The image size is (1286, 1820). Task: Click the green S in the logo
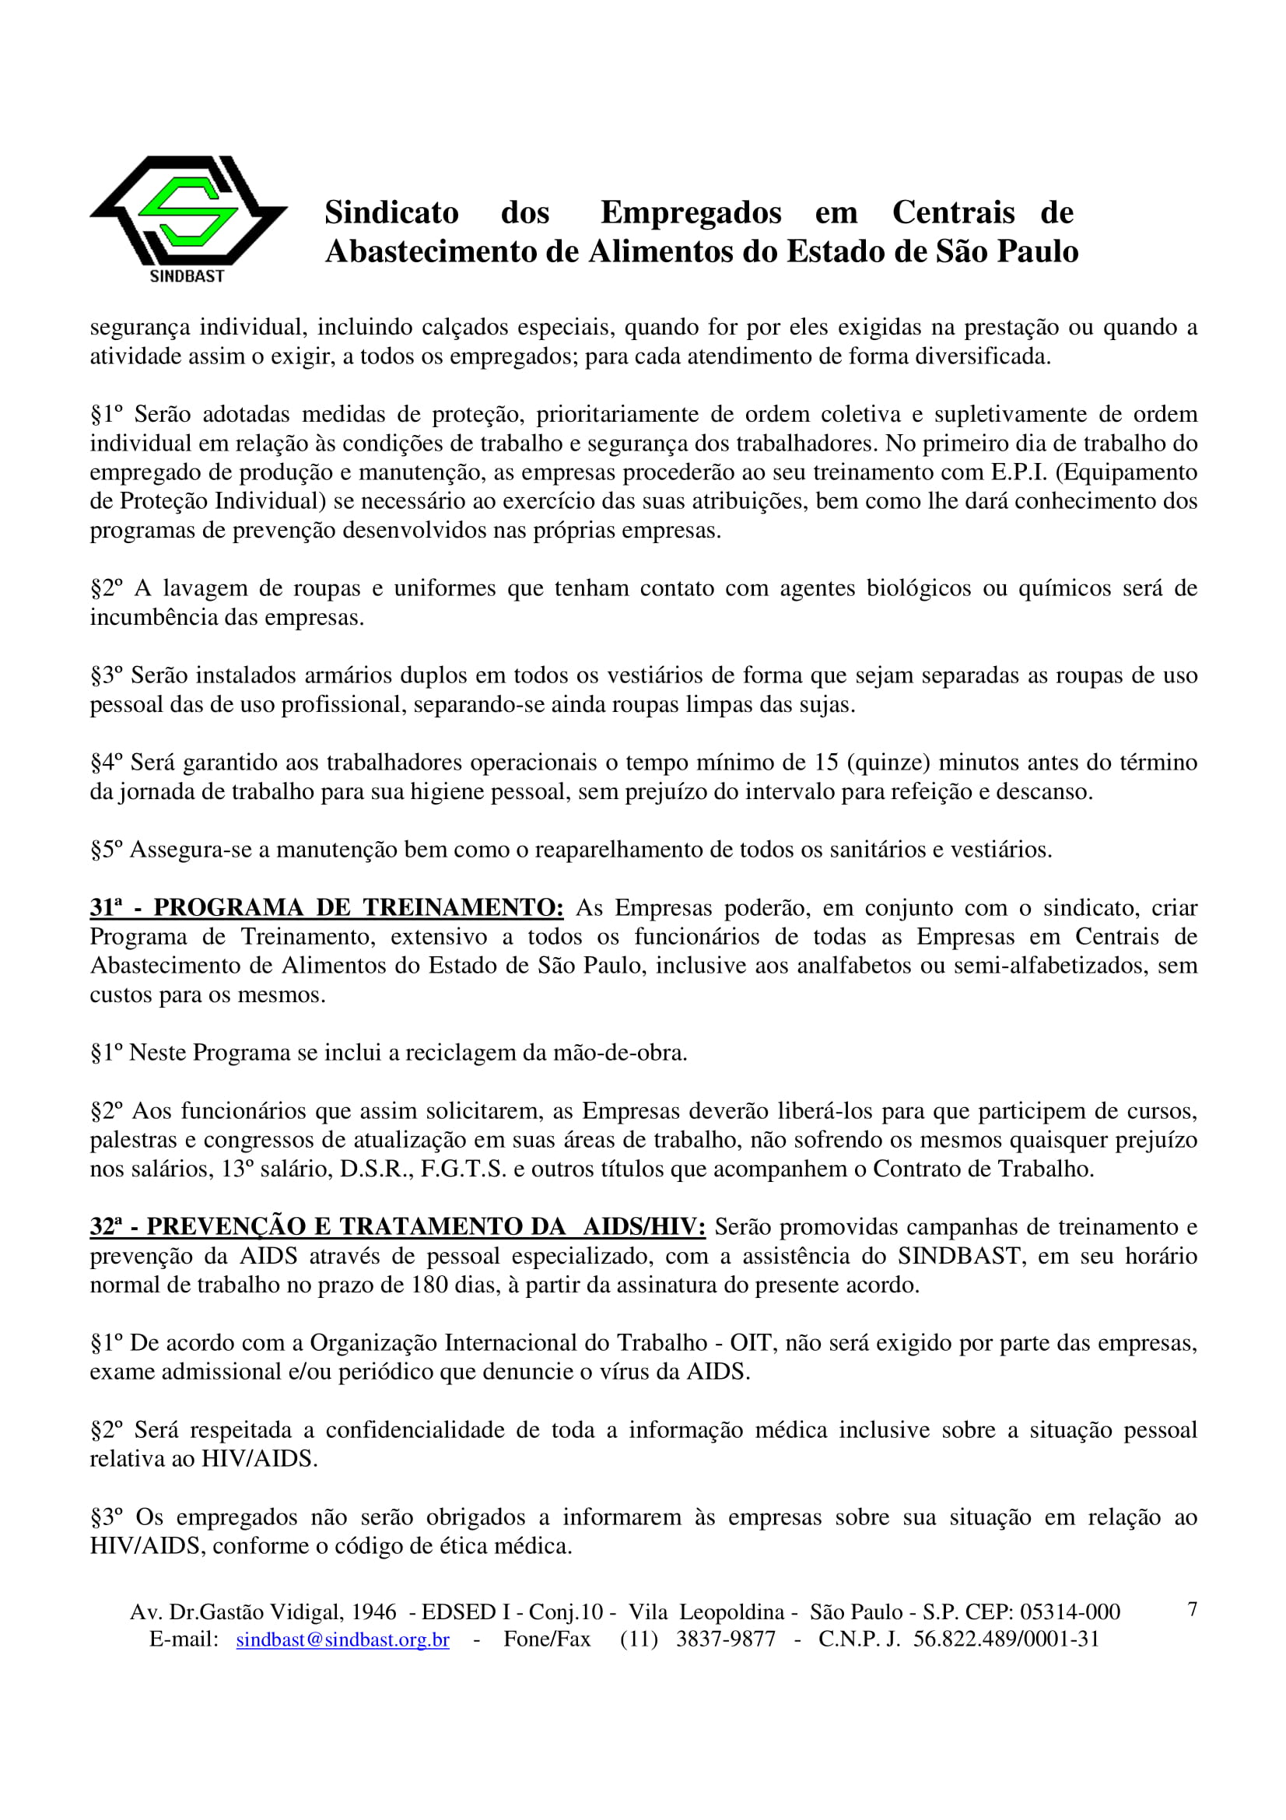click(x=188, y=210)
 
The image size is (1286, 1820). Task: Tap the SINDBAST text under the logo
click(x=187, y=276)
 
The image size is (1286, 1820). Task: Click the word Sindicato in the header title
click(x=391, y=212)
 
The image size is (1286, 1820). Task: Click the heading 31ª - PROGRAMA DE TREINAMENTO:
click(x=327, y=907)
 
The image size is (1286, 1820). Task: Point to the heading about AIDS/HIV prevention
click(x=397, y=1227)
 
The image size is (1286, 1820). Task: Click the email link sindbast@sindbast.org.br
click(x=342, y=1639)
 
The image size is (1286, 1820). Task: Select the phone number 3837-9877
click(x=725, y=1639)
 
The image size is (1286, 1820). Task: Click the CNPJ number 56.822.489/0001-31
click(x=1006, y=1639)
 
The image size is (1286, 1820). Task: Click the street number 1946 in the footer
click(x=374, y=1611)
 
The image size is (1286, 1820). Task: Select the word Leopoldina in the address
click(x=731, y=1611)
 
